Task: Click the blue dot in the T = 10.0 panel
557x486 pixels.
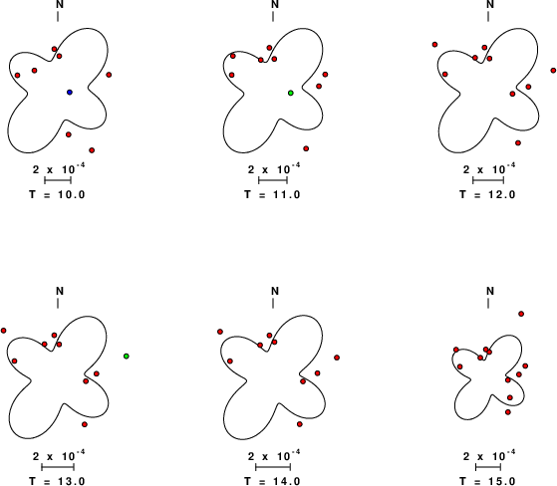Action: tap(70, 93)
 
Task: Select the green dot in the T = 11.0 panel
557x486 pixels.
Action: tap(291, 93)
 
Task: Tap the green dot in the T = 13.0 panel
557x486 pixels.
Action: tap(127, 357)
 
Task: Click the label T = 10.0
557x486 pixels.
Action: tap(57, 194)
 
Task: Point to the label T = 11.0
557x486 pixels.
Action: tap(272, 194)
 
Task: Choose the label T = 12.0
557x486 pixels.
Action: tap(487, 194)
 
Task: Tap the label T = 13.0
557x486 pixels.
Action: tap(57, 481)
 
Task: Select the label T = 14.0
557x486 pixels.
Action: tap(272, 481)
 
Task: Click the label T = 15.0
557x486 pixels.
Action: tap(487, 481)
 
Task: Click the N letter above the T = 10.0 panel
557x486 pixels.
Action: tap(60, 4)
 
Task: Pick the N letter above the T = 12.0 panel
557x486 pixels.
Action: tap(490, 4)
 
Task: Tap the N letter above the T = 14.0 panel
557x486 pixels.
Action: tap(275, 291)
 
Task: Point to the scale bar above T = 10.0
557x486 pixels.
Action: tap(58, 180)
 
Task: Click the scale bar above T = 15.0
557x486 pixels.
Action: tap(488, 467)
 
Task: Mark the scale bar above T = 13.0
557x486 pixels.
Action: tap(58, 467)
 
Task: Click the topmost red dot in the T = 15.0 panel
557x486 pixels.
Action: tap(521, 314)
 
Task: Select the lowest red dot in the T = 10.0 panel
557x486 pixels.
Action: tap(92, 150)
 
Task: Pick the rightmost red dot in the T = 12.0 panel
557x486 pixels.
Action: tap(553, 71)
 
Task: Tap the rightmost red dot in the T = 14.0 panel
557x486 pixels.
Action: tap(337, 358)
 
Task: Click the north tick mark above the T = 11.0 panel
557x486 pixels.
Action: tap(273, 16)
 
